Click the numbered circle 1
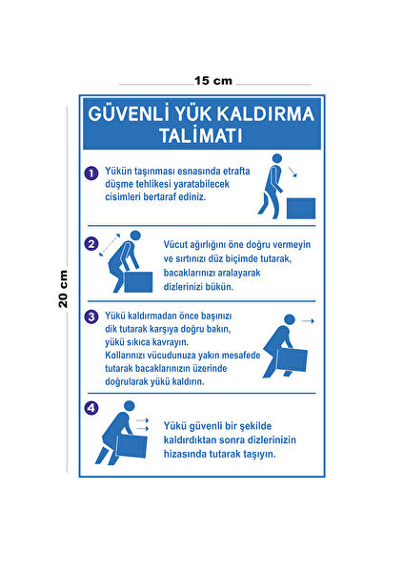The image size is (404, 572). click(91, 174)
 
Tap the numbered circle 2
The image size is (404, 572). click(91, 243)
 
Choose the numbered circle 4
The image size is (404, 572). click(91, 409)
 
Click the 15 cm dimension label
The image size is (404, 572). click(213, 80)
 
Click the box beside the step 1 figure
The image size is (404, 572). click(301, 206)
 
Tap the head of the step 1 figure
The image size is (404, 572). click(277, 159)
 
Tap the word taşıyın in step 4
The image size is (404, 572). click(255, 454)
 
